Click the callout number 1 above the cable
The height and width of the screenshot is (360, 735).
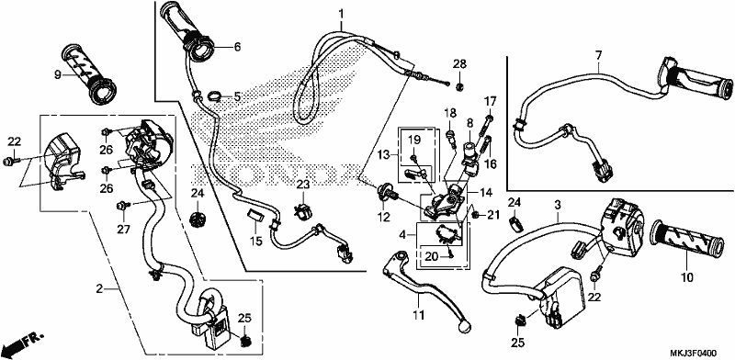click(x=341, y=13)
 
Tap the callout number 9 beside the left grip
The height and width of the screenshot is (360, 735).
click(x=58, y=74)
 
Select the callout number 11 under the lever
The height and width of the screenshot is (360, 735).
click(x=419, y=314)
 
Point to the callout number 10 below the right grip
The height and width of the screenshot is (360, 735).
click(x=686, y=278)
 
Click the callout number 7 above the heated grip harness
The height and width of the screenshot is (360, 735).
click(x=598, y=56)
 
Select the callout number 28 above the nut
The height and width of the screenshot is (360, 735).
click(x=460, y=64)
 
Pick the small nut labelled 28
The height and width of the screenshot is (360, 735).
click(x=460, y=85)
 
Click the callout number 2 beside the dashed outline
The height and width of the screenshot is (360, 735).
click(x=99, y=289)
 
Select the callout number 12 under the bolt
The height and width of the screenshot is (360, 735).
click(x=383, y=217)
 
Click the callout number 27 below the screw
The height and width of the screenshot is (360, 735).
click(x=124, y=230)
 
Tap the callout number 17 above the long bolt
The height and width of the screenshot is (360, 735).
click(x=490, y=101)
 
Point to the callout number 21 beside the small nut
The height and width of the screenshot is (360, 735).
click(x=491, y=215)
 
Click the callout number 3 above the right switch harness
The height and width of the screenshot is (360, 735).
click(x=558, y=205)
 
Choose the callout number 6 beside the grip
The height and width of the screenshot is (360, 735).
click(x=237, y=47)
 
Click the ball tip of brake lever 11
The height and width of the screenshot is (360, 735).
click(x=464, y=324)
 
